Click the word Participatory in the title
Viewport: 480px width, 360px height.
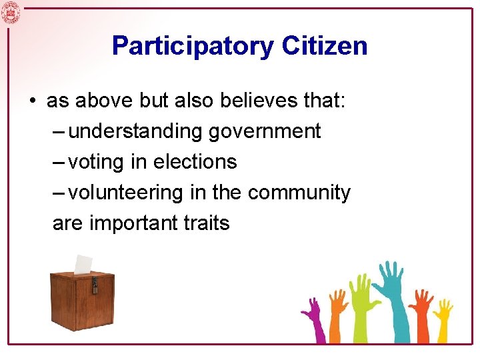pos(193,46)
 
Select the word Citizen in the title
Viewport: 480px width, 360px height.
pos(324,46)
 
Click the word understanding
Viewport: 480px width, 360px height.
pos(135,131)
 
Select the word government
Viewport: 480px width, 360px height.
pos(265,131)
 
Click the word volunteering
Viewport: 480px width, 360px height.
pos(127,193)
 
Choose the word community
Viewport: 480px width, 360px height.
pos(299,193)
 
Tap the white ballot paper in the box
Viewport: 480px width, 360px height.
pos(83,265)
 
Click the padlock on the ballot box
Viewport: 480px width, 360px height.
pos(95,285)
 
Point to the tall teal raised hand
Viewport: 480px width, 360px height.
pos(393,287)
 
